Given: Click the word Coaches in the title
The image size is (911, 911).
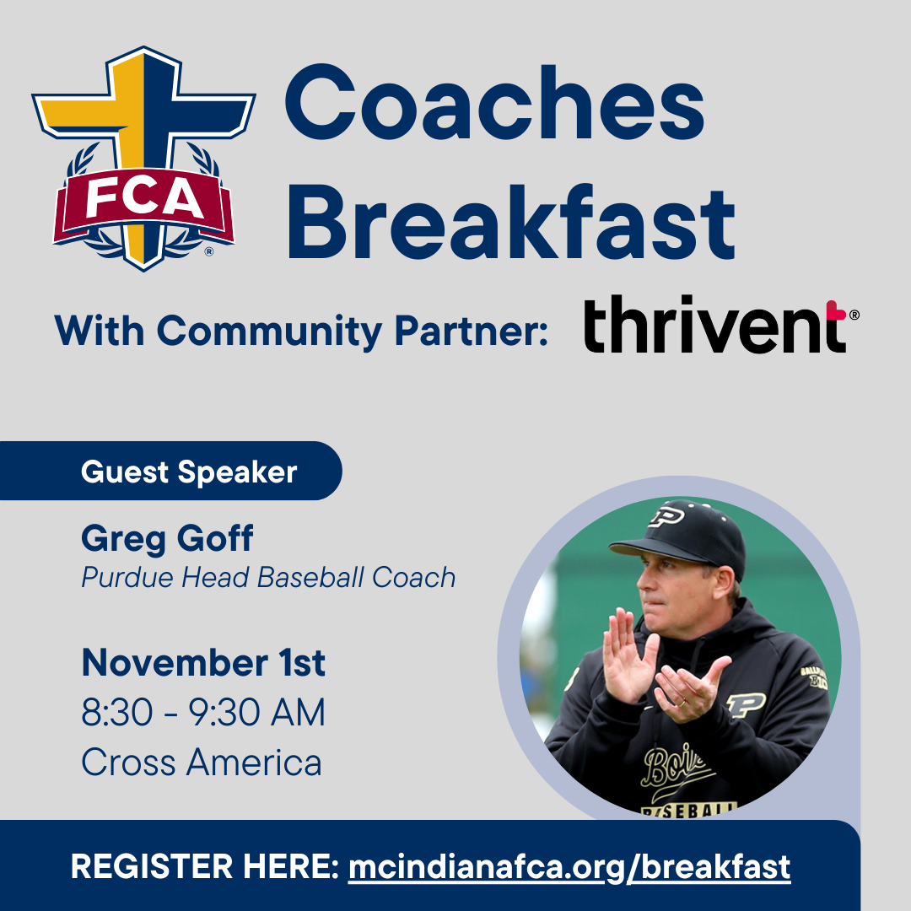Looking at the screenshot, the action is (x=494, y=103).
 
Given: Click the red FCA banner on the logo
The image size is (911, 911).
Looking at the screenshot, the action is (x=143, y=204).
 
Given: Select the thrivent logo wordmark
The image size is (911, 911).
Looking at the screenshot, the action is (x=720, y=324).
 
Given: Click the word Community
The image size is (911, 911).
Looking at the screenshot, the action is (x=269, y=332).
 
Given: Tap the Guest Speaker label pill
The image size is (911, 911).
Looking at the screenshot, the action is (x=170, y=471).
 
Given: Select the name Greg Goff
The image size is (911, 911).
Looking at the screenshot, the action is (x=167, y=538).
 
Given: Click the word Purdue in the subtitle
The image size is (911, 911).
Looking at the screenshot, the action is (x=127, y=578).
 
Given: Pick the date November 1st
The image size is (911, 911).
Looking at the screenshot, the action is (x=203, y=662).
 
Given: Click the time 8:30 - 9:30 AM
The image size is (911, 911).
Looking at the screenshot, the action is (x=203, y=712).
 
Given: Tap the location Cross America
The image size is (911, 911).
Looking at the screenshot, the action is (x=202, y=763).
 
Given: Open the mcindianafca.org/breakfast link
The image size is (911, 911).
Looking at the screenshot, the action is (x=569, y=867).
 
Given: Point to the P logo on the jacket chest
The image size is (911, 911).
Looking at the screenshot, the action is (x=746, y=704).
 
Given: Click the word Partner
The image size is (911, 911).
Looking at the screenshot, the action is (x=472, y=332).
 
